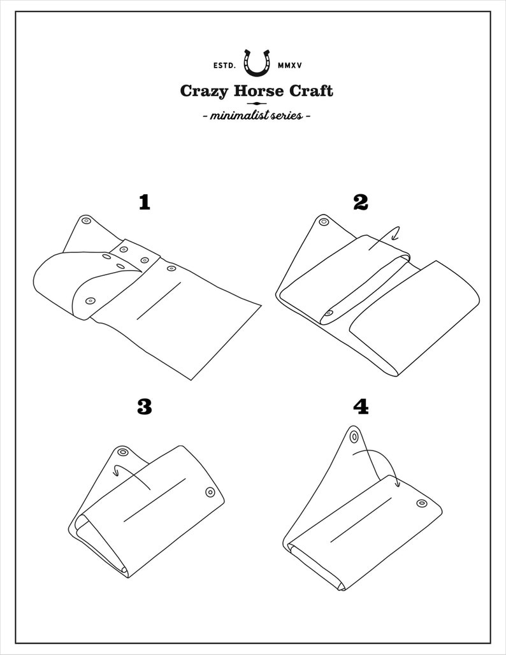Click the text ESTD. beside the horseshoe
(x=225, y=66)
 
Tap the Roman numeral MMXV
(x=289, y=66)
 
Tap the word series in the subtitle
(x=288, y=116)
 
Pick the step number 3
(x=145, y=407)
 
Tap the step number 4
(x=361, y=407)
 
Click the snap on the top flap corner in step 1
(x=87, y=220)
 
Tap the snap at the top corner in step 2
(x=323, y=222)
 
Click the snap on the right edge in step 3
(x=210, y=493)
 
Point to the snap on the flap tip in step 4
(x=355, y=437)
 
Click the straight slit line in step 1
(x=159, y=301)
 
